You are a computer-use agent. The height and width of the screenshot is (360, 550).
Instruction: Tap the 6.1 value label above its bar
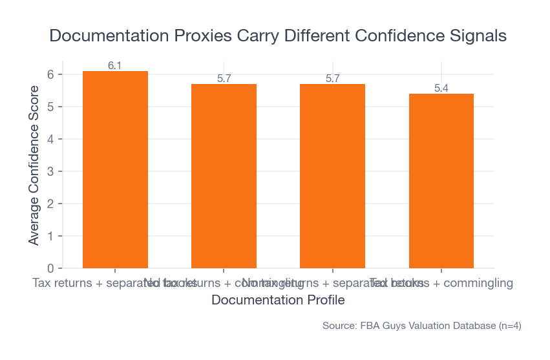click(115, 65)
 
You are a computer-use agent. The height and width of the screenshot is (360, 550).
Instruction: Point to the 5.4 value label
click(441, 88)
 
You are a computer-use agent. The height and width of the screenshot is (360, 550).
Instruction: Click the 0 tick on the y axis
click(50, 268)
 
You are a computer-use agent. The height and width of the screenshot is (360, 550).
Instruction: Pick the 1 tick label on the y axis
click(50, 236)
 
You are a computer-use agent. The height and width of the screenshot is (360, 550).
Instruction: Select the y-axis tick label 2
click(50, 204)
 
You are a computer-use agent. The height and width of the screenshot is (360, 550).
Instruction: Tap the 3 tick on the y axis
click(50, 171)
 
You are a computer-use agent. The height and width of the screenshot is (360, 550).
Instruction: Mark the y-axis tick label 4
click(50, 139)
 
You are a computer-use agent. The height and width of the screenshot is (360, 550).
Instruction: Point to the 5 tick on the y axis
click(50, 107)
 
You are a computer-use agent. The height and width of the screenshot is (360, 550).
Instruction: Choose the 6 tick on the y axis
click(50, 74)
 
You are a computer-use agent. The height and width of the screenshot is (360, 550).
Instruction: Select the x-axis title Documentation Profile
click(278, 300)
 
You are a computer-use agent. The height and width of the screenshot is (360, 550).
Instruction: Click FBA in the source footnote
click(370, 326)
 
